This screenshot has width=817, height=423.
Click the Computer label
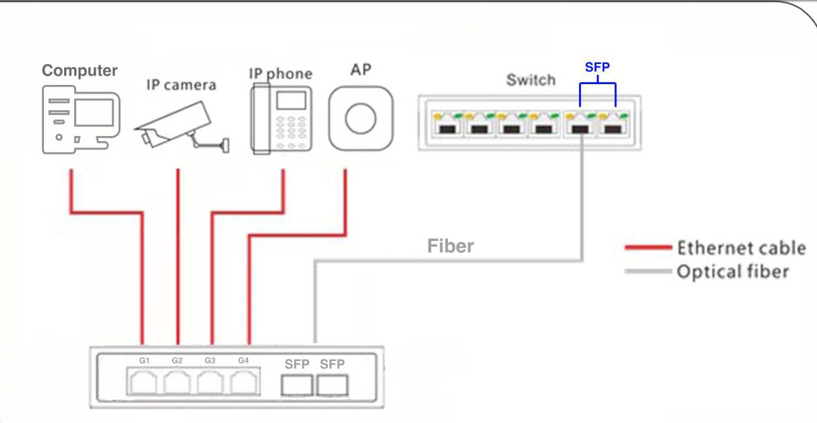coord(79,70)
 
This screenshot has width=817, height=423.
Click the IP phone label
coord(280,74)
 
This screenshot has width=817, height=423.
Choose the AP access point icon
coord(360,118)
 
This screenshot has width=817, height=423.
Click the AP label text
coord(360,70)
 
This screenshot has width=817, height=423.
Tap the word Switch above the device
coord(531,80)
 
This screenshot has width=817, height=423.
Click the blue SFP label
coord(598,68)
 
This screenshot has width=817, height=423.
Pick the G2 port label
coord(178,360)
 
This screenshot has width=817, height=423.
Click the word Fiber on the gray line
coord(451,246)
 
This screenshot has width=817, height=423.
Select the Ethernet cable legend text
coord(741,248)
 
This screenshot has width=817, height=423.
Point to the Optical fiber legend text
coord(732,271)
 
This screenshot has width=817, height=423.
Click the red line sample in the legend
coord(648,248)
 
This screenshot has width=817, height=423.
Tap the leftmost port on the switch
coord(444,127)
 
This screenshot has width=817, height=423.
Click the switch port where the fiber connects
coord(580,127)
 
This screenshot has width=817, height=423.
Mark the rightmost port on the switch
coord(613,127)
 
